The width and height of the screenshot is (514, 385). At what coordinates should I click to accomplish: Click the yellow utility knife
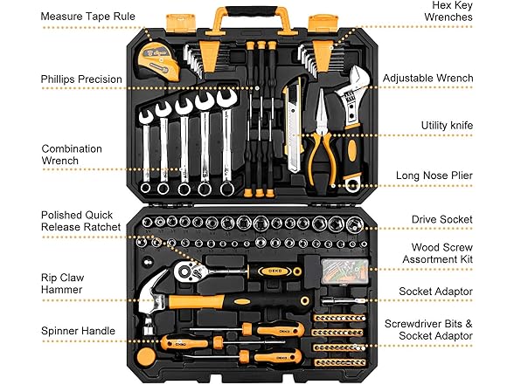[293, 122]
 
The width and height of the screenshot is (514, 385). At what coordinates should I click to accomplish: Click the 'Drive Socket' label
[442, 220]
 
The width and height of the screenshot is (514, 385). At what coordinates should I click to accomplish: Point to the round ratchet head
[187, 272]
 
